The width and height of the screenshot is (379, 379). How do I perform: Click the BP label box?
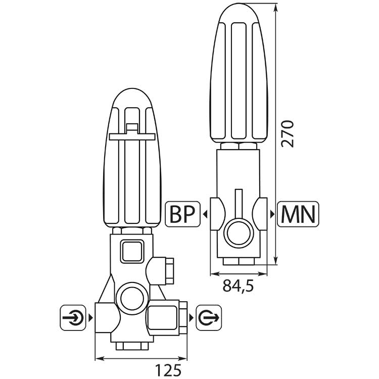(182, 214)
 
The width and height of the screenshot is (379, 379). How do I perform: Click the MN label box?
(298, 214)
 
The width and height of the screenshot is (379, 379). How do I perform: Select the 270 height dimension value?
(288, 134)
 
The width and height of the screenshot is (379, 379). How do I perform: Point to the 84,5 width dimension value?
(238, 286)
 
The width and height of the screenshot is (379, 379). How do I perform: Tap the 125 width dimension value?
(168, 369)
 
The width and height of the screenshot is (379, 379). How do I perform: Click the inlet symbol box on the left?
(73, 318)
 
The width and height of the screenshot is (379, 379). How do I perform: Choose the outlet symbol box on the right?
(209, 318)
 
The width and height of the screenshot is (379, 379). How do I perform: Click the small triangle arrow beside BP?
(206, 214)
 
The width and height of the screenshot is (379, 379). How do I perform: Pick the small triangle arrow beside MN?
(272, 214)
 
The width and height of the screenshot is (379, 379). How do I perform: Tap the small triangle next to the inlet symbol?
(90, 318)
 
